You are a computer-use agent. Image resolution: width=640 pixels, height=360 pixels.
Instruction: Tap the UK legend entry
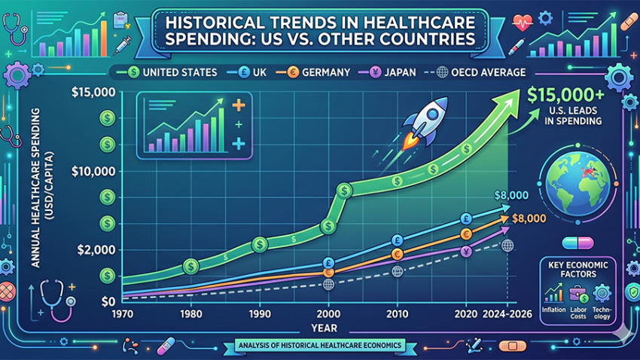point(254,72)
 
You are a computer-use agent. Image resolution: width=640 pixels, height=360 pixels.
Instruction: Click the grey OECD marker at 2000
point(328,285)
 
